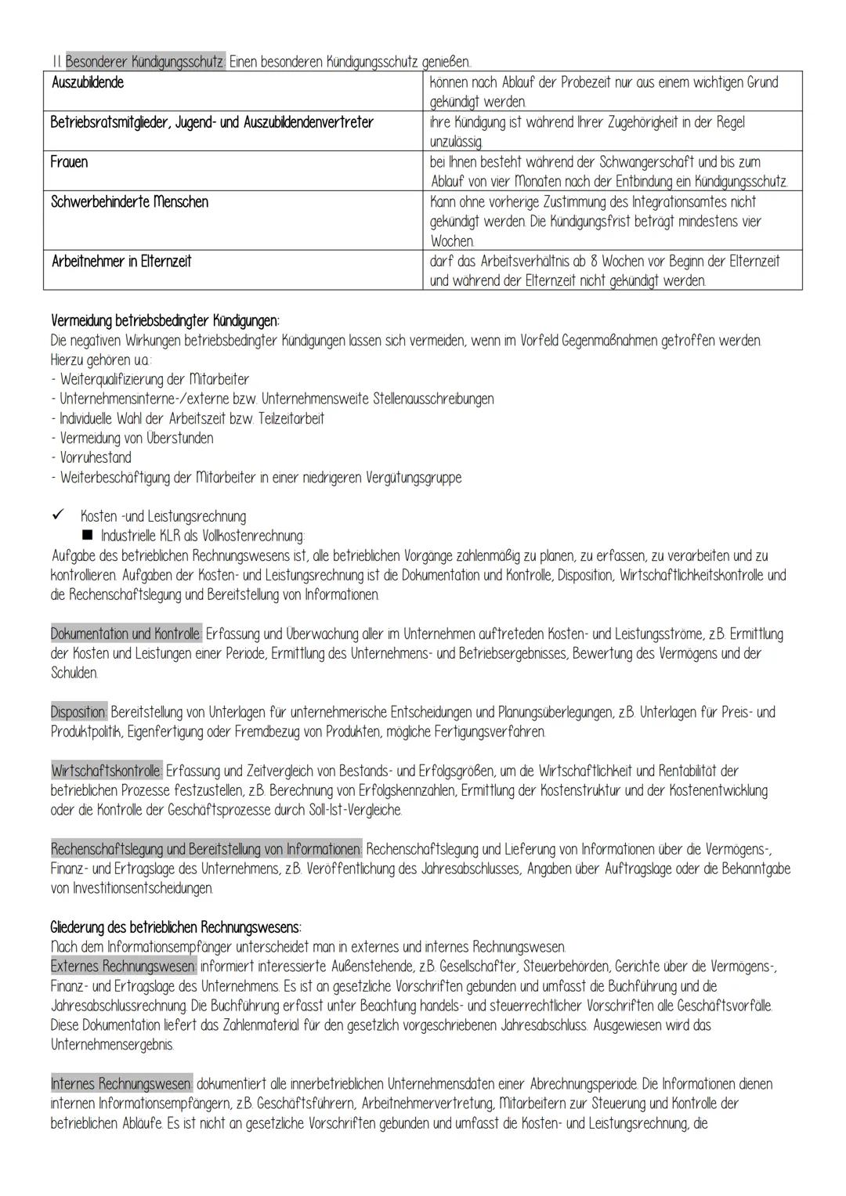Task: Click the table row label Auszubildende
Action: pos(87,82)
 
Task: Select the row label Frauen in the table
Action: pos(69,162)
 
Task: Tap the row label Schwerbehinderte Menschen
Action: pos(129,202)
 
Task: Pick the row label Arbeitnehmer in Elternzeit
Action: pos(121,261)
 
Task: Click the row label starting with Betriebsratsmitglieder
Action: pos(211,122)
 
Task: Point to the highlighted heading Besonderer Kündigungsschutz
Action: pos(145,62)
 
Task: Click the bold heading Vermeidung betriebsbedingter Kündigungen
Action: pos(164,321)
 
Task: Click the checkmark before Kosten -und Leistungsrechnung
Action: pos(56,516)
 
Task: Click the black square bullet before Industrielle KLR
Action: pos(86,536)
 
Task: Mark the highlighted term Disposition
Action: pos(79,712)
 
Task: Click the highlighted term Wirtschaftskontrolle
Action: pos(107,771)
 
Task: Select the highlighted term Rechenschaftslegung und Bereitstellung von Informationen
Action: pos(206,849)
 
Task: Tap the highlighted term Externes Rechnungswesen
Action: pos(123,967)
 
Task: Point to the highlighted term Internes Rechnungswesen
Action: pos(121,1084)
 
